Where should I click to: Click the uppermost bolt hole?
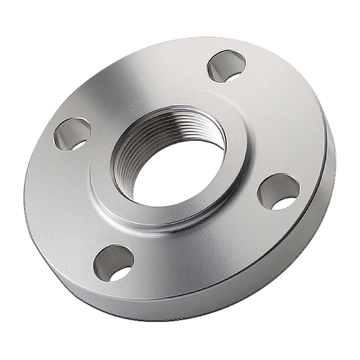point(226,66)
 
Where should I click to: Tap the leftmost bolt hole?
point(72,133)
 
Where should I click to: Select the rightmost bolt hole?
point(278,191)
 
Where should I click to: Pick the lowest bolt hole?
point(114,263)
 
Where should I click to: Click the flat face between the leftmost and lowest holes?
point(67,208)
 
